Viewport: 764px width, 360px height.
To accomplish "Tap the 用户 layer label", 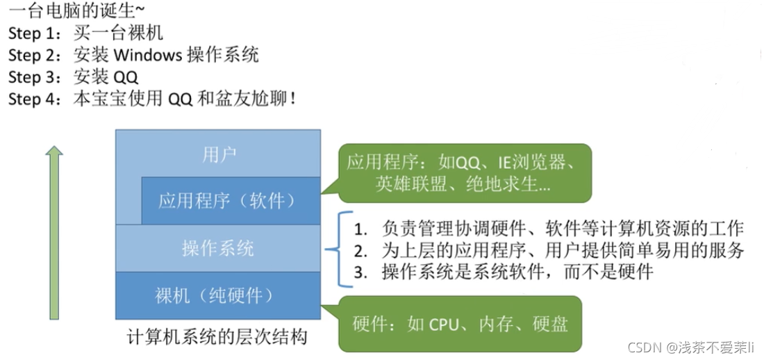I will click(219, 154).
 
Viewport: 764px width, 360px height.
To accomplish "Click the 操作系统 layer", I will click(218, 248).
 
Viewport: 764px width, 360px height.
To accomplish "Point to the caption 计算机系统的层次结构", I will click(217, 338).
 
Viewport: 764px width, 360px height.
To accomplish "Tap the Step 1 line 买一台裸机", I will click(85, 33).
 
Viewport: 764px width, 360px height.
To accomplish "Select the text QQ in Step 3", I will click(125, 77).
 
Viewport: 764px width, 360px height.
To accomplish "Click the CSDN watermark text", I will click(690, 347).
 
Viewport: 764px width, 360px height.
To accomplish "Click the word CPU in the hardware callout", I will click(445, 325).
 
